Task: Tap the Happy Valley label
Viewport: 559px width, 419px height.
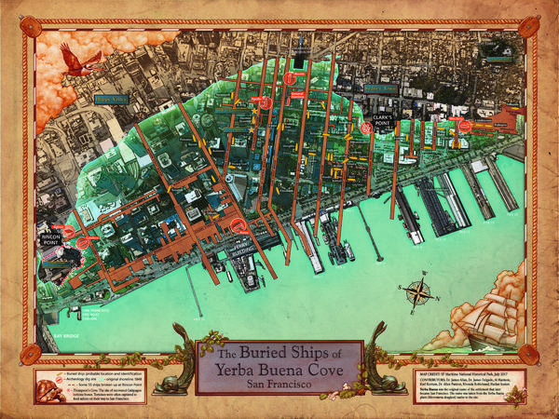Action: (112, 98)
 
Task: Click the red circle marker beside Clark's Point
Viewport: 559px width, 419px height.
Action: (366, 129)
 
